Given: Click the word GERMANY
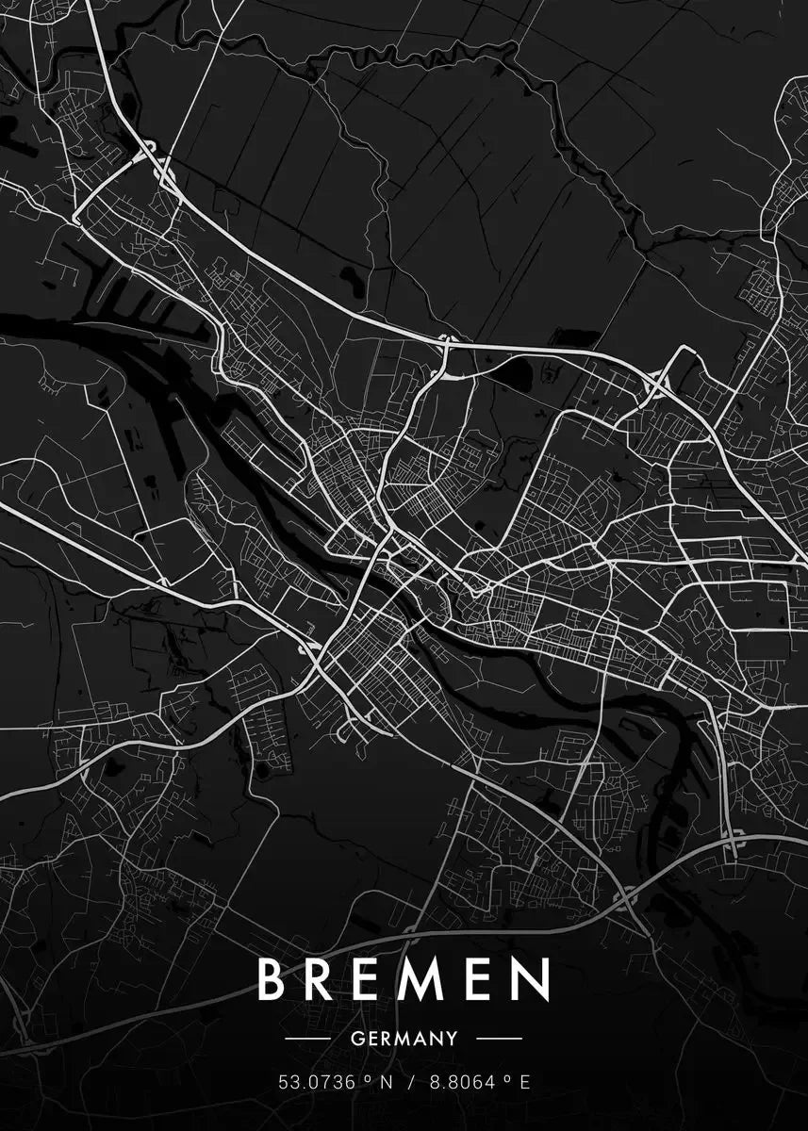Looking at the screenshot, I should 404,1039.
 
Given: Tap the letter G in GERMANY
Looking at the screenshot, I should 355,1039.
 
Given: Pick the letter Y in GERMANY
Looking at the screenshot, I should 452,1039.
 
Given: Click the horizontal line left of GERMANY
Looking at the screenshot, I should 307,1039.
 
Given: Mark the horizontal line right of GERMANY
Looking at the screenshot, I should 499,1039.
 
